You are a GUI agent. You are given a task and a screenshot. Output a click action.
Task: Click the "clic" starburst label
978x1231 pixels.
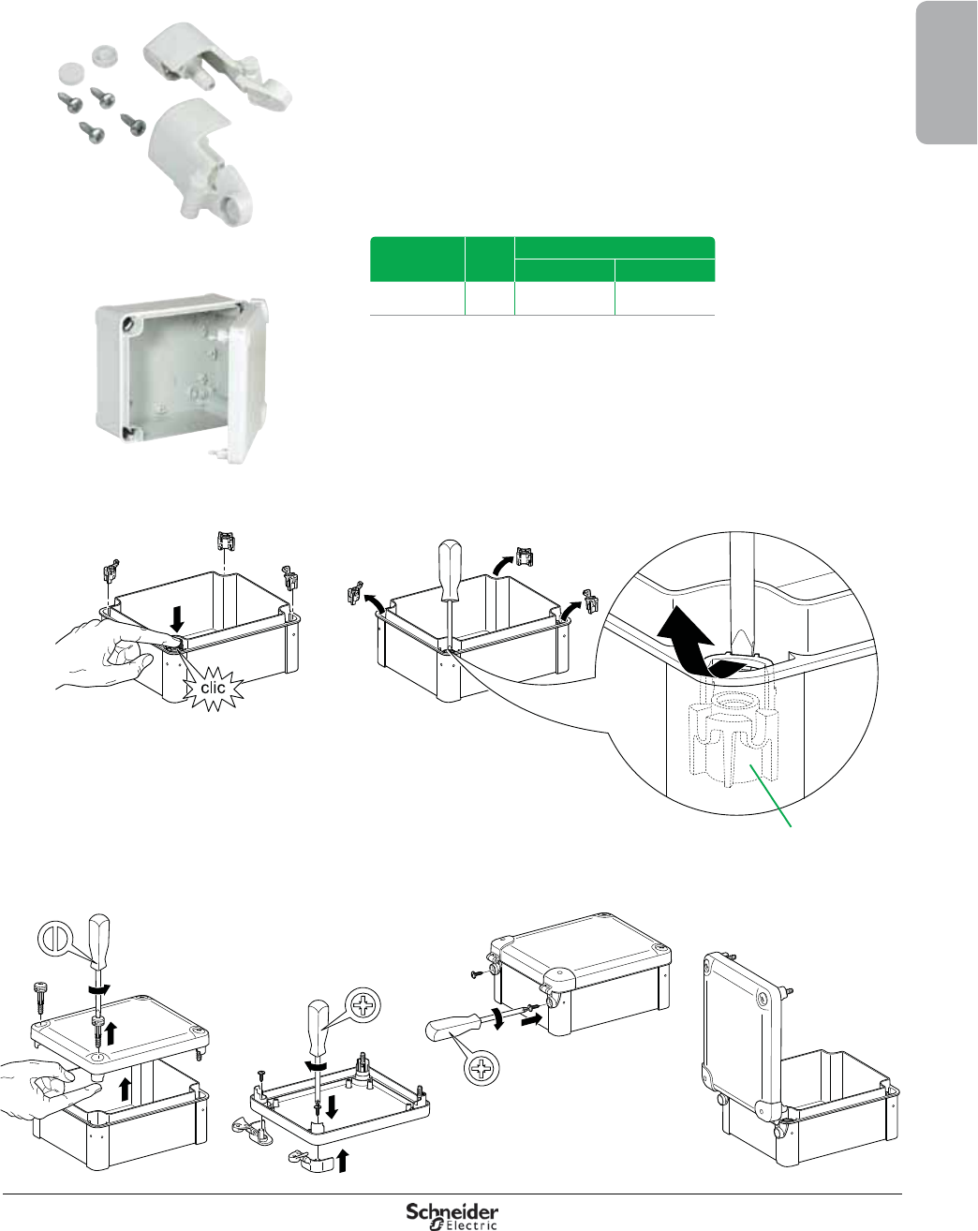click(x=214, y=688)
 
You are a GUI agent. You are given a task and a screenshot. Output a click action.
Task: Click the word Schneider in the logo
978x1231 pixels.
click(x=452, y=1212)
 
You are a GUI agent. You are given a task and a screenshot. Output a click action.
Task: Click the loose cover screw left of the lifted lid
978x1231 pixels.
click(x=41, y=997)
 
